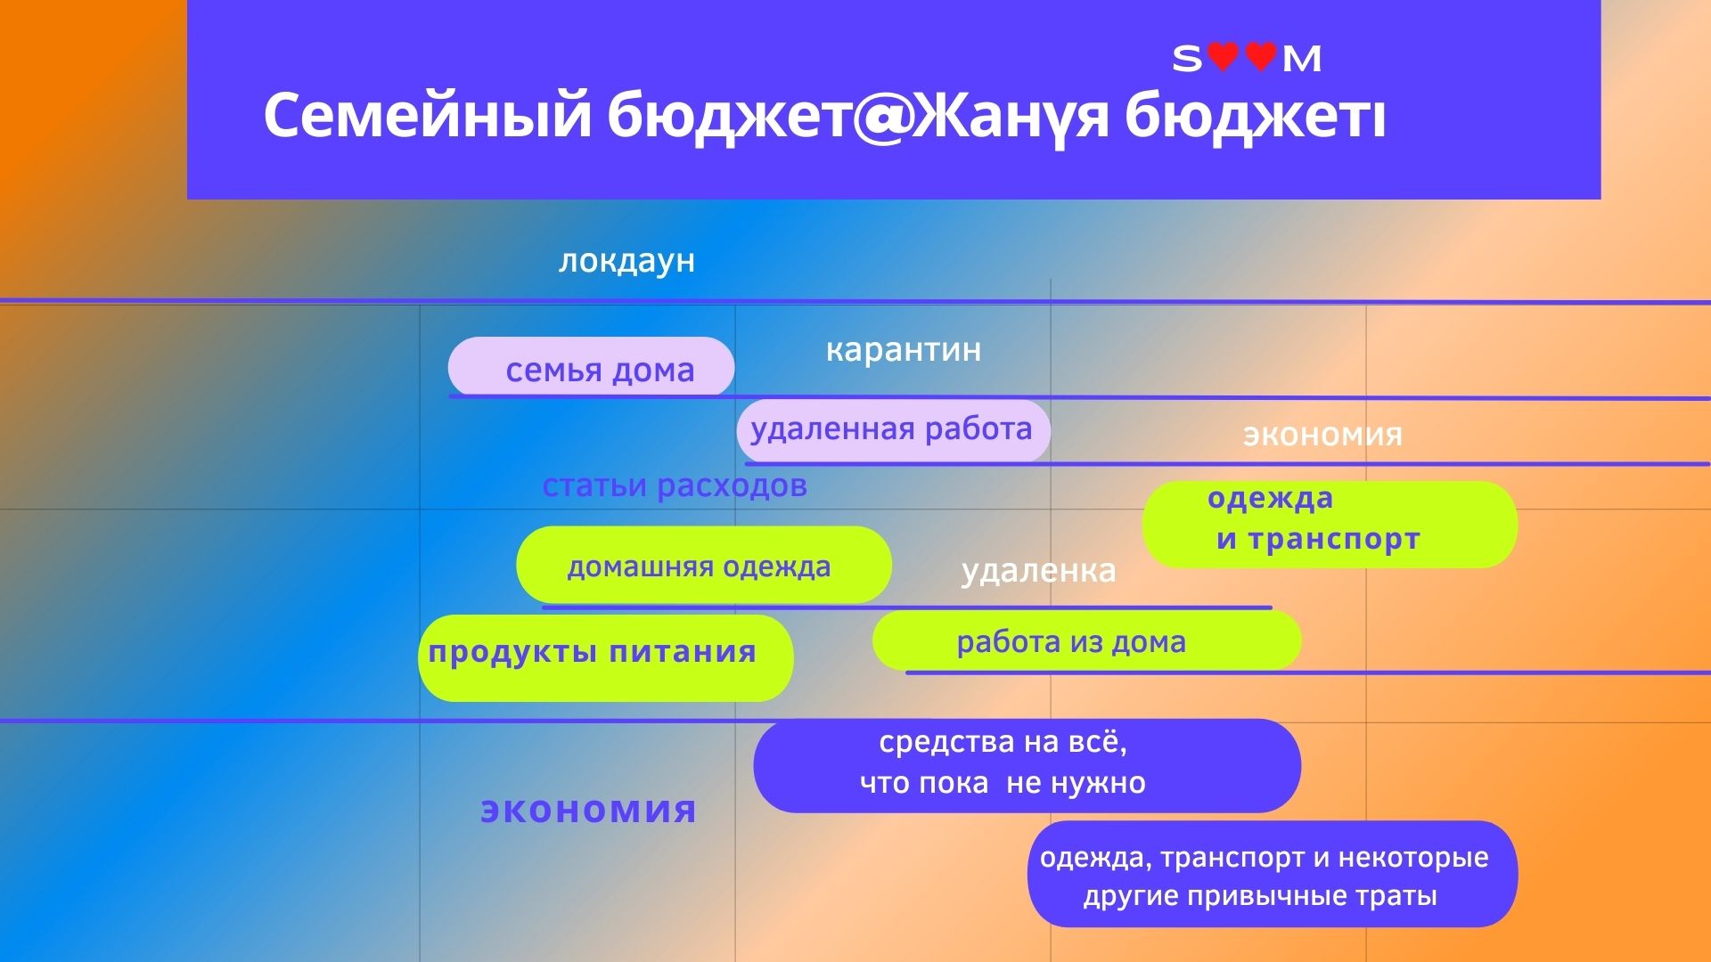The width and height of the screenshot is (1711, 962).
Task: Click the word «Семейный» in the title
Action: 428,116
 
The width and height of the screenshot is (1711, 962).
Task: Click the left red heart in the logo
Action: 1223,57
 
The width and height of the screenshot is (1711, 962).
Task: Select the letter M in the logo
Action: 1301,59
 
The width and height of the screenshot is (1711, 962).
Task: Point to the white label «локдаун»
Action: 626,261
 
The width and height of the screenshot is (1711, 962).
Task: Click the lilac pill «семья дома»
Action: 591,367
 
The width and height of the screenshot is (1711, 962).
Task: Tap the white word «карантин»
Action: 903,349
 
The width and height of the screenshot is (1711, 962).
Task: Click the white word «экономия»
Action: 1322,435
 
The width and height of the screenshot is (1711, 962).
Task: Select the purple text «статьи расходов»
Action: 675,485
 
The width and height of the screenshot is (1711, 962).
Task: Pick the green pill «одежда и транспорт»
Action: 1330,525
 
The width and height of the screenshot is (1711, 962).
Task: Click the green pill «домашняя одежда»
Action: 704,565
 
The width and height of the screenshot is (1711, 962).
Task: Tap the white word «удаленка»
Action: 1038,571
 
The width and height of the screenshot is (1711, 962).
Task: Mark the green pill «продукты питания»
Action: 606,657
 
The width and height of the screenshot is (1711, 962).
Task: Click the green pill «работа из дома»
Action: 1086,640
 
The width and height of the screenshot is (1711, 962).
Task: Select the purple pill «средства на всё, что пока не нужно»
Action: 1027,765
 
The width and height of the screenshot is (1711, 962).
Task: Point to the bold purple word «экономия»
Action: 588,810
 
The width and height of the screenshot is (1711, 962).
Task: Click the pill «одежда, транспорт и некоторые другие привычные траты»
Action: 1272,874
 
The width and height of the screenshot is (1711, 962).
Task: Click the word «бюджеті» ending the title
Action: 1256,116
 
